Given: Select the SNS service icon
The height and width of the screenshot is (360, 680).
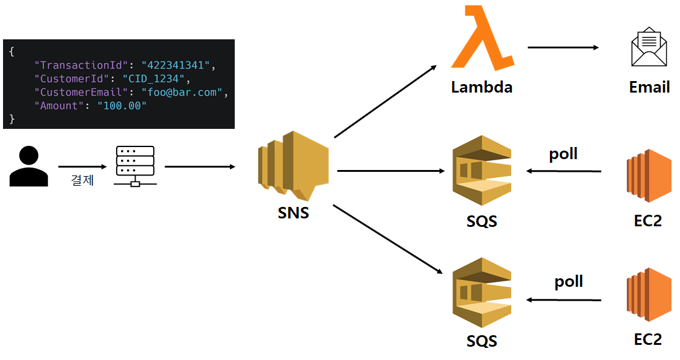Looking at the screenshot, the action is click(293, 166).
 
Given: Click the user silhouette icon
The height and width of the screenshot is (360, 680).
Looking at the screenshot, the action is click(28, 166).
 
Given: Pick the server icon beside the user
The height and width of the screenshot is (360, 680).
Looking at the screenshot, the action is click(135, 166).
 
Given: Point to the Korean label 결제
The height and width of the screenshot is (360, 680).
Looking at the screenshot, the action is click(82, 180).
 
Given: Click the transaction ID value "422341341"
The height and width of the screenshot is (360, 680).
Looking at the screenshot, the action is click(175, 65).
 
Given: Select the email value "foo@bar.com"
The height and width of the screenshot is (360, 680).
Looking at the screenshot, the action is click(182, 92).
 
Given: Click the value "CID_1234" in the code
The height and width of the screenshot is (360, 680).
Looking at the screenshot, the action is click(154, 79).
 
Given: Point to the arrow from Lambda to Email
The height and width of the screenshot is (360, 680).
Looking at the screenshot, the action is click(563, 47).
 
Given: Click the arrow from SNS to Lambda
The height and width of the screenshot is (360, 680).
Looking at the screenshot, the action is click(385, 102).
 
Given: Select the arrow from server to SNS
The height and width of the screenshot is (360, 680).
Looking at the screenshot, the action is click(200, 166).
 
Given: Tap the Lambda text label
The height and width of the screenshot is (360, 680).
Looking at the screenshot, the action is click(482, 87).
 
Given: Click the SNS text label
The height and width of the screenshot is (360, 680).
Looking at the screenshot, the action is click(293, 213).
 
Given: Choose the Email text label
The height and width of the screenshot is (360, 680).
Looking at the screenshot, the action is click(649, 87).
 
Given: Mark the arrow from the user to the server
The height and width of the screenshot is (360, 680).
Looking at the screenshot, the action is click(82, 166).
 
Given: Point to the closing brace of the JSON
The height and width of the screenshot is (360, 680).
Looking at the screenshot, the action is click(11, 119).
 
